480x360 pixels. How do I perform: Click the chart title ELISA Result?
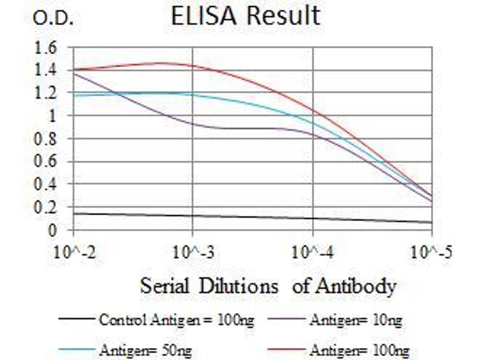click(x=245, y=16)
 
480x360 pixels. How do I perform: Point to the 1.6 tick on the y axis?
click(x=49, y=47)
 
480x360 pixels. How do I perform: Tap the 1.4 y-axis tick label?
click(x=49, y=70)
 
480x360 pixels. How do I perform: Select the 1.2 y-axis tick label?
click(x=49, y=93)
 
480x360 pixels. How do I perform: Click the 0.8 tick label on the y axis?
click(x=49, y=139)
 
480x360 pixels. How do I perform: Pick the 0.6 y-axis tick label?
click(x=49, y=161)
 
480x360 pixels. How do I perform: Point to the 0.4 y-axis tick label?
click(x=49, y=184)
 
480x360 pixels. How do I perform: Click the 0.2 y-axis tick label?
click(x=49, y=207)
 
